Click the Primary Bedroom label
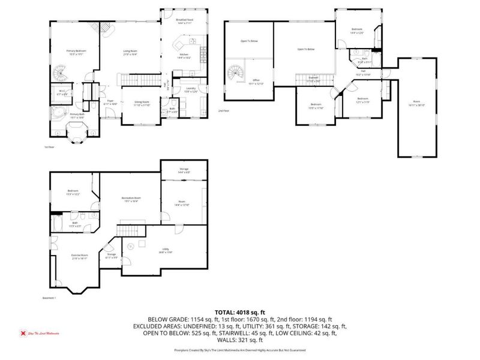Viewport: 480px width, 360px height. tap(76, 53)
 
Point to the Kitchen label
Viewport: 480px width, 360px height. tap(184, 56)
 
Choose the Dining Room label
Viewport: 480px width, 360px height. tap(141, 104)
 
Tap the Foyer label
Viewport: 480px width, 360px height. tap(110, 103)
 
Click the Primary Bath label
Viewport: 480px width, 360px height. tap(76, 116)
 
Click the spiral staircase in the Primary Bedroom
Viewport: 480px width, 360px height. tap(62, 75)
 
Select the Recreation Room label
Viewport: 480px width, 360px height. tap(130, 199)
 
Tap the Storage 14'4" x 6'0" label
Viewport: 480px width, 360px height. tap(184, 171)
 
